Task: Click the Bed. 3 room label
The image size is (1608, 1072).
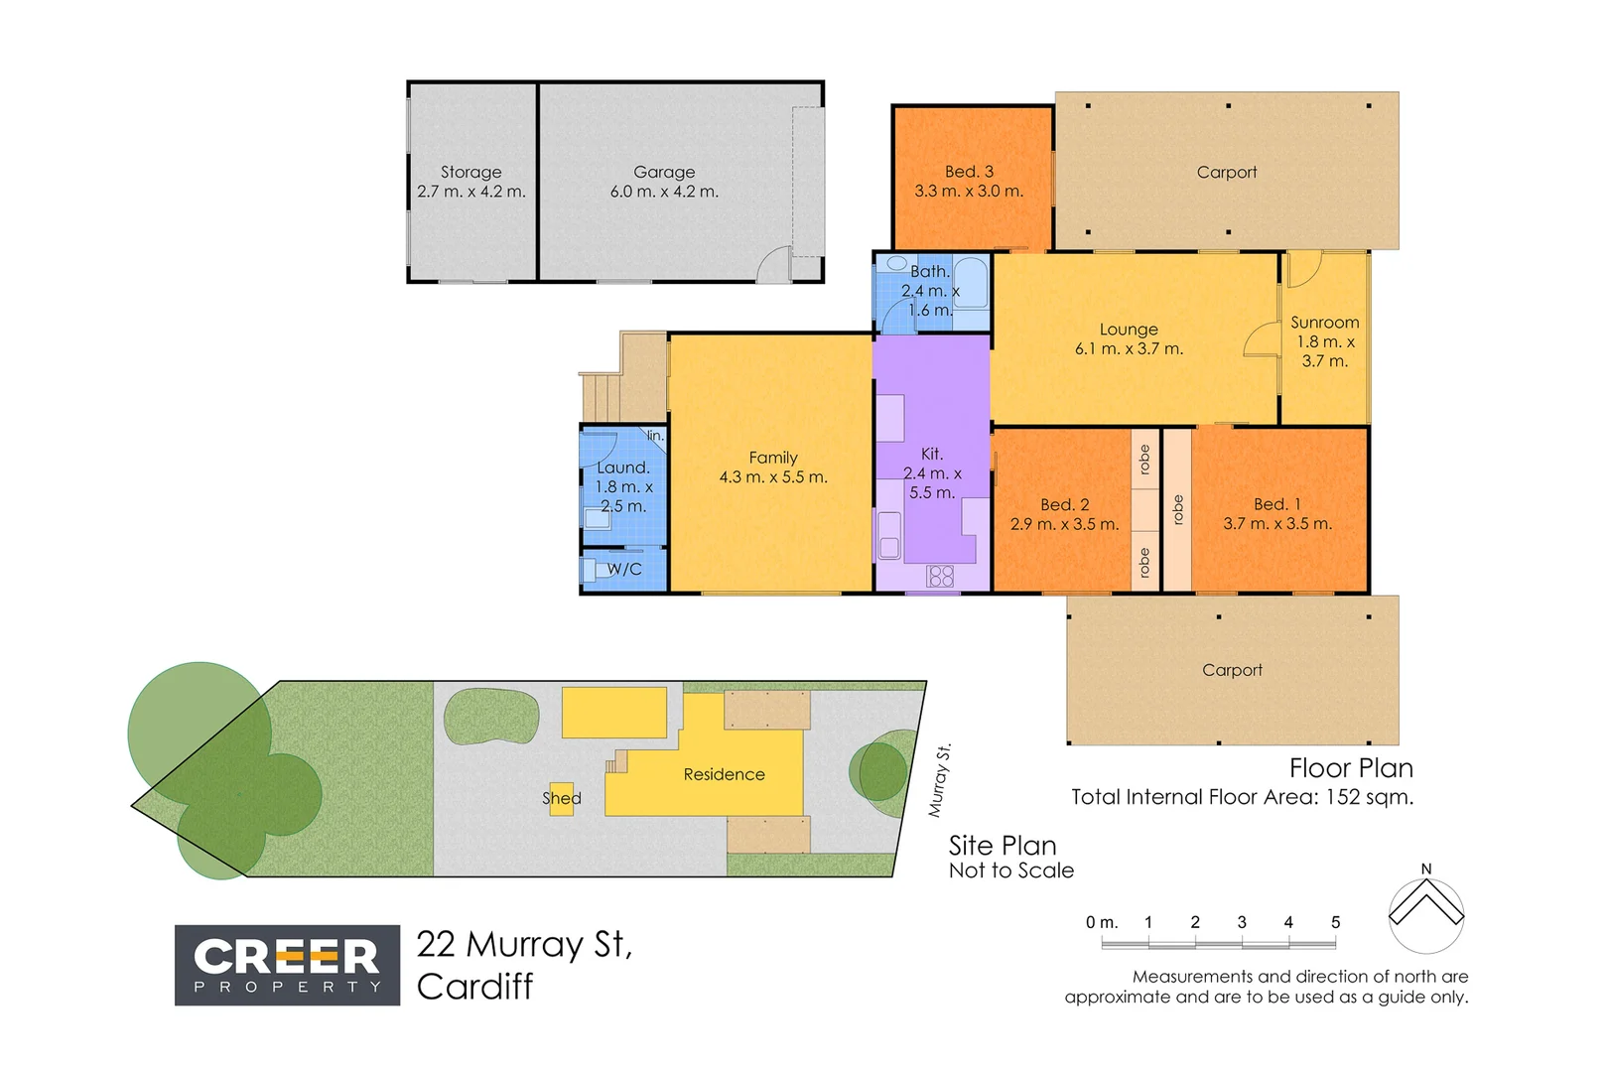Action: tap(969, 182)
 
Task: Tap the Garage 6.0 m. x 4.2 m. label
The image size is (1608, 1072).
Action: tap(664, 182)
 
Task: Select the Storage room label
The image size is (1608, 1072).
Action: tap(471, 172)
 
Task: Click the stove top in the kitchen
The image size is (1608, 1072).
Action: tap(940, 576)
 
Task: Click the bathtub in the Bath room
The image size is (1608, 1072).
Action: tap(970, 284)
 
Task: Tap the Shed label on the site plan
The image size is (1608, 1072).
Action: tap(562, 798)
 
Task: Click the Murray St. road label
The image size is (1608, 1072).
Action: tap(939, 780)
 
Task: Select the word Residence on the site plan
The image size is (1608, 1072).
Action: tap(724, 774)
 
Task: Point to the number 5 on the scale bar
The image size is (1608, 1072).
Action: tap(1335, 922)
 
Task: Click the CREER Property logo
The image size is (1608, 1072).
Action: tap(287, 965)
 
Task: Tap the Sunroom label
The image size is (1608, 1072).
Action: tap(1324, 323)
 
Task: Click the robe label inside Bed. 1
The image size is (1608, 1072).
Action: tap(1178, 509)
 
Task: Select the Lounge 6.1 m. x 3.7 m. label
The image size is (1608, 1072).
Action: tap(1129, 338)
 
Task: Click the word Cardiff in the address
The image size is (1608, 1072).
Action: tap(474, 987)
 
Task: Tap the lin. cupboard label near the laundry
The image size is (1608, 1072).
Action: tap(655, 436)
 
